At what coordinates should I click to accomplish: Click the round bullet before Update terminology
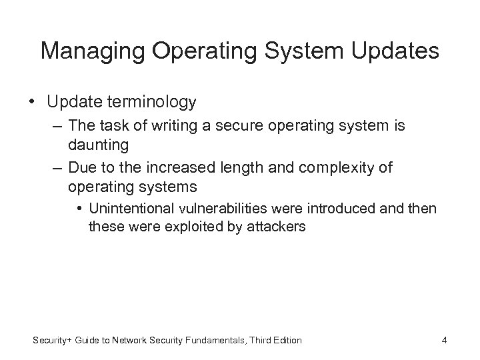click(x=33, y=102)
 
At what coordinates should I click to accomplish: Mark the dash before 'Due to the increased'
click(x=55, y=167)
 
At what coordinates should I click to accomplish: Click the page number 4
click(x=444, y=341)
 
